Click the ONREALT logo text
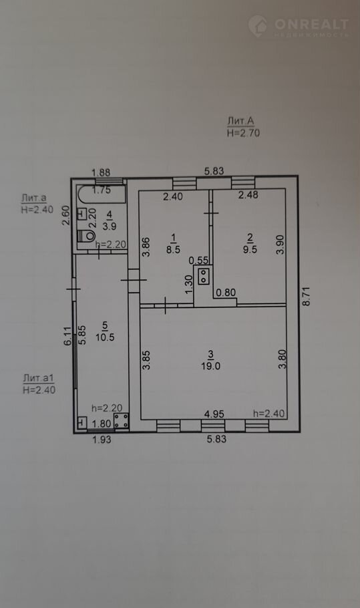311,25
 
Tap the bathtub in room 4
102,194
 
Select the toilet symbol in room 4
86,236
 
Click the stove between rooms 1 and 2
204,276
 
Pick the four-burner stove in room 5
122,421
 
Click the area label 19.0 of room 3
210,365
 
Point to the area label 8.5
173,249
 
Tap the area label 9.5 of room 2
250,249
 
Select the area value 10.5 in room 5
105,337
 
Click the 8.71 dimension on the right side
306,297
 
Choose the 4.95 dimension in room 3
214,414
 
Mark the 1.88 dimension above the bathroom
101,172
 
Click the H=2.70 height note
243,133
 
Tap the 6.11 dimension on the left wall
68,336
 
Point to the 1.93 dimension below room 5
101,440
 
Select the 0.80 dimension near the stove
226,293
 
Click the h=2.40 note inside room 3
269,414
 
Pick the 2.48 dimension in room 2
248,194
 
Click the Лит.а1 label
38,377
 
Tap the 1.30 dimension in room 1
189,284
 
